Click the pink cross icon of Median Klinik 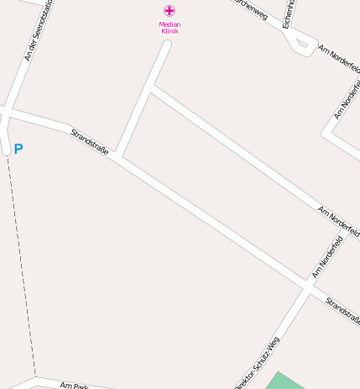[x=170, y=11]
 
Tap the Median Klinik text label [x=170, y=28]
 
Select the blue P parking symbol [x=18, y=150]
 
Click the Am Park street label [x=75, y=386]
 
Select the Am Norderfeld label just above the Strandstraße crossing [x=329, y=256]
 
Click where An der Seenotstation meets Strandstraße [x=8, y=111]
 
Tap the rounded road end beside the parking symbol [x=6, y=150]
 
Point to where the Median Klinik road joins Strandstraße [x=120, y=155]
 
